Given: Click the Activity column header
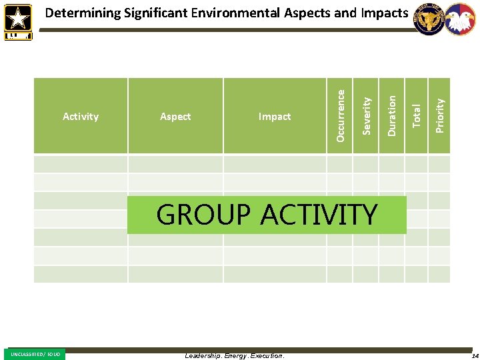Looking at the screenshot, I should pos(81,117).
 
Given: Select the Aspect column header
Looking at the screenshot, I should pos(175,117).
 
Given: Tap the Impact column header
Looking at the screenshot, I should pos(275,117).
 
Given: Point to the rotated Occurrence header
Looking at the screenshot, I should pos(341,115).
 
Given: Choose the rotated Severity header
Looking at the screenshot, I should pos(366,115).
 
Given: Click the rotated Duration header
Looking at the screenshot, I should pos(392,115).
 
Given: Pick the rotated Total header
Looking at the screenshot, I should pos(417,115).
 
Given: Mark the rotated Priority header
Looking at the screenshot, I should pos(439,115).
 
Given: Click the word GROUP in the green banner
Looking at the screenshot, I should pos(203,215).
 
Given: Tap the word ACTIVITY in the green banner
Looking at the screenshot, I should pos(319,215).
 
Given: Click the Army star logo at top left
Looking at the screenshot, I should pos(17,20).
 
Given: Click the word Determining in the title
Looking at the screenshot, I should pos(83,13).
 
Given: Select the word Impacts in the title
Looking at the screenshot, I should pos(384,13).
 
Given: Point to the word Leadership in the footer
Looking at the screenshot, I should pos(203,355).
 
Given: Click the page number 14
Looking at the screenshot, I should pos(474,355).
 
